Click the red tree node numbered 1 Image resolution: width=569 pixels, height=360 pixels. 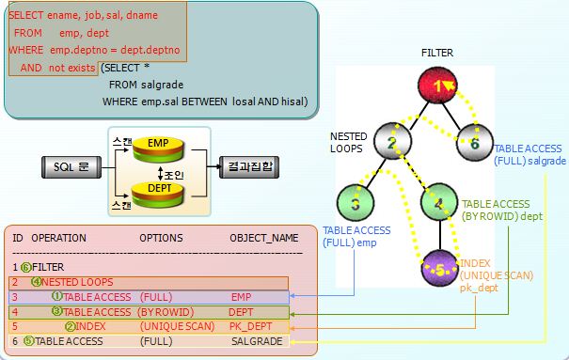click(x=437, y=86)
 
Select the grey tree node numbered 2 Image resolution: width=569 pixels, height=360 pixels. click(x=392, y=141)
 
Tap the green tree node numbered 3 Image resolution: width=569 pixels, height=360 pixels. click(x=356, y=203)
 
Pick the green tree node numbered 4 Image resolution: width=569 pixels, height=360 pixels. click(x=439, y=202)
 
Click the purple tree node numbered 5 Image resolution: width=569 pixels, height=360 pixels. click(x=440, y=268)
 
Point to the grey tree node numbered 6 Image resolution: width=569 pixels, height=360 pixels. click(x=474, y=143)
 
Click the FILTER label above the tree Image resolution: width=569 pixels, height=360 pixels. click(x=437, y=53)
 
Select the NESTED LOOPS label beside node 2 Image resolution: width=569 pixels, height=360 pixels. click(x=348, y=143)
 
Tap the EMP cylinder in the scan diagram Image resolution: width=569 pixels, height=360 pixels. click(x=158, y=149)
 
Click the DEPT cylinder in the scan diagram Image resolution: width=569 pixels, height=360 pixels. click(x=158, y=195)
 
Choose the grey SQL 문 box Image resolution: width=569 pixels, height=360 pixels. click(x=71, y=167)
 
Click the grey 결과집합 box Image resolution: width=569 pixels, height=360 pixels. click(x=249, y=166)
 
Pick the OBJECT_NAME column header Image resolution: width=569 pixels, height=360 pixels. click(x=264, y=238)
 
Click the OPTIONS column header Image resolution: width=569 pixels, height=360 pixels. click(x=161, y=238)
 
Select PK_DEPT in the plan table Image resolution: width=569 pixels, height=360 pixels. click(x=250, y=326)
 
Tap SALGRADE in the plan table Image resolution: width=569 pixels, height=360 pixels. click(x=257, y=341)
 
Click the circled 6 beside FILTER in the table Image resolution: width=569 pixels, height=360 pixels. click(x=25, y=268)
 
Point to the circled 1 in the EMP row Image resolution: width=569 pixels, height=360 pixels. click(x=57, y=296)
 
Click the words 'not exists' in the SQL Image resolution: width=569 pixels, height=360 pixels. click(x=71, y=68)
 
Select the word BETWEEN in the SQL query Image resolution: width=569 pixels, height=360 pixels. click(x=204, y=102)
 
